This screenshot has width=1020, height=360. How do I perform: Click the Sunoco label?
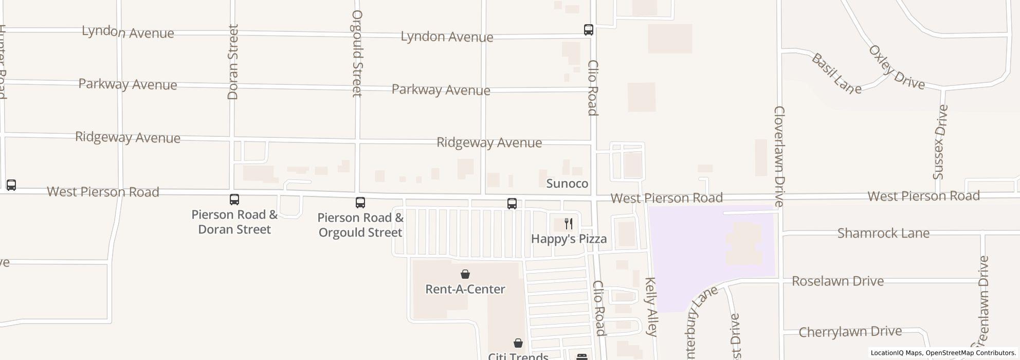(x=567, y=184)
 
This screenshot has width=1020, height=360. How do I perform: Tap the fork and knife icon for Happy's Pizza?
(x=569, y=224)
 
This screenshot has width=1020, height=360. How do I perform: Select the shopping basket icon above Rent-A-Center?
(x=465, y=274)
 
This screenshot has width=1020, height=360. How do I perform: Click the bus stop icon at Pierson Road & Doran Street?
(x=234, y=199)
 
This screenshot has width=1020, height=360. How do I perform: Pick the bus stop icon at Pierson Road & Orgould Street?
(x=360, y=203)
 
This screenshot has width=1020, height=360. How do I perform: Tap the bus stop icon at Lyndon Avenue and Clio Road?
(x=589, y=30)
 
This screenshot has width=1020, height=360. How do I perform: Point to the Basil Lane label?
(x=836, y=74)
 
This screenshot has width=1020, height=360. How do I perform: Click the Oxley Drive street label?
(x=897, y=67)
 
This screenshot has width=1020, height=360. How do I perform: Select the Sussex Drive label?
(x=941, y=142)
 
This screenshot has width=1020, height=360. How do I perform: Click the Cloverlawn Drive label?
(x=779, y=156)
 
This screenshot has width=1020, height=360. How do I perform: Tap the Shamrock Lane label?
(x=883, y=233)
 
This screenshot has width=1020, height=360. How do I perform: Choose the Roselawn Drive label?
(x=837, y=281)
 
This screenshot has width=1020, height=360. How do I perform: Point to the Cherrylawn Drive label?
(x=850, y=332)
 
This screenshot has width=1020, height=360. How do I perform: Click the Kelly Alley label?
(x=651, y=307)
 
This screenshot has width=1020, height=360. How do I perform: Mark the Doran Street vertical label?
(x=233, y=62)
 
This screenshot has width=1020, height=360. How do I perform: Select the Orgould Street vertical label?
(x=357, y=53)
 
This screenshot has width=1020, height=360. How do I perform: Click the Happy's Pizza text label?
(x=569, y=239)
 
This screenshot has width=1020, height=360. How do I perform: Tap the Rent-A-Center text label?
(x=465, y=289)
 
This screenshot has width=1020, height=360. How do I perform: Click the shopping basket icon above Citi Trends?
(x=518, y=343)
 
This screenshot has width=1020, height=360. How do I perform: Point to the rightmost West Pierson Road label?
(x=923, y=196)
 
